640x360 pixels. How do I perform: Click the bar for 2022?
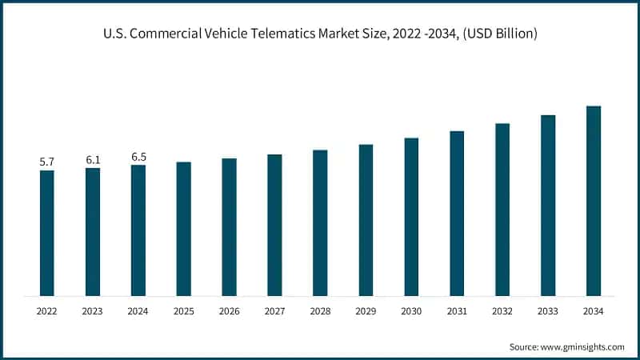point(47,233)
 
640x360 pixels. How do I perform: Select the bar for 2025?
point(184,229)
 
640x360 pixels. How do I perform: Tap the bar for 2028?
point(320,222)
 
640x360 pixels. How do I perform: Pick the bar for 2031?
point(457,213)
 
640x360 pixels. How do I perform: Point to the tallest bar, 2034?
point(593,201)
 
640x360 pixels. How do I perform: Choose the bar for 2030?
point(411,217)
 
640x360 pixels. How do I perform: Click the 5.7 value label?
point(47,162)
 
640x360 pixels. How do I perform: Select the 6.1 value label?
point(93,159)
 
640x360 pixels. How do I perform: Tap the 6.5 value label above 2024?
point(138,157)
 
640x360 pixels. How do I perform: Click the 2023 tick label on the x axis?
point(93,310)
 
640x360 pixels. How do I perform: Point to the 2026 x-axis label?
point(230,310)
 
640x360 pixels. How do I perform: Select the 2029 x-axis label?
point(366,310)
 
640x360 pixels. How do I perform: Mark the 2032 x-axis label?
point(502,310)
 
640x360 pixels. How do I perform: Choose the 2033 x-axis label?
point(548,310)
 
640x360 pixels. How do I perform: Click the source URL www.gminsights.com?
point(583,346)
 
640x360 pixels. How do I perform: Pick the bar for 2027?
point(274,225)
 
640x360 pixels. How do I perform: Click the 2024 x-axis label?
point(138,310)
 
